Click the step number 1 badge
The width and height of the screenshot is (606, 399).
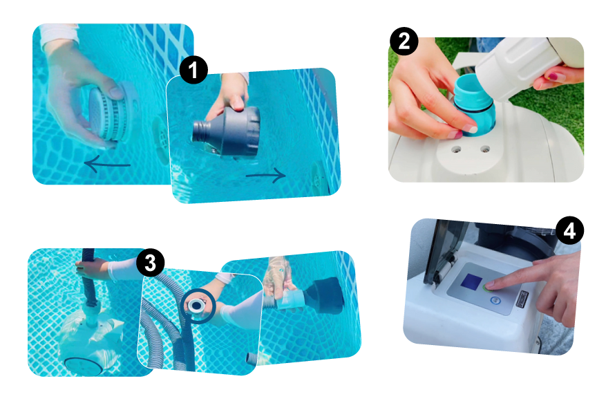click(193, 70)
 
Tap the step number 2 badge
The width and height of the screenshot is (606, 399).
click(404, 41)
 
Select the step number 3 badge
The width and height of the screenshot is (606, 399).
click(150, 263)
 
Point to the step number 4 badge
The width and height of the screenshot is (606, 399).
click(569, 231)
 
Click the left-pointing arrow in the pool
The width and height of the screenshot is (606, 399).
click(107, 164)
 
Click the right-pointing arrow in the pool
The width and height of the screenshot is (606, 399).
click(266, 176)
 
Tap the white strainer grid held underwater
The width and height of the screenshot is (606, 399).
click(112, 113)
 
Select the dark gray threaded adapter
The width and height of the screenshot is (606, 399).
click(226, 131)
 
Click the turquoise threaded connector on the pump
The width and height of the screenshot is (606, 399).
click(473, 104)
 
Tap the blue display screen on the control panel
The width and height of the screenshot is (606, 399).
click(471, 281)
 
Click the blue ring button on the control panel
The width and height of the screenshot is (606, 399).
click(495, 300)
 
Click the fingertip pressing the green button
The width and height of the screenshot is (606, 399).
click(489, 286)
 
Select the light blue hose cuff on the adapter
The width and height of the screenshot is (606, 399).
click(290, 300)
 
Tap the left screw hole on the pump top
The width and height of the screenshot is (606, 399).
click(457, 149)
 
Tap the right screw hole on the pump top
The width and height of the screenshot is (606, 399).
click(484, 149)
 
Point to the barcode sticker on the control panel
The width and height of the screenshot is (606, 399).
click(522, 299)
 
